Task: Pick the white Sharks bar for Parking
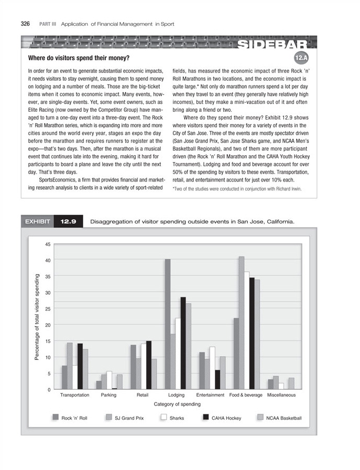click(x=108, y=380)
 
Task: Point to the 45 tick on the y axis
click(x=48, y=244)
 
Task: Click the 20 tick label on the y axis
click(x=48, y=325)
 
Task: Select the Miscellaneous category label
click(x=281, y=394)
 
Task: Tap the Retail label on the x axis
click(x=142, y=394)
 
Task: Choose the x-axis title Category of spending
click(x=177, y=404)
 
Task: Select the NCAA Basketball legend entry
click(x=283, y=418)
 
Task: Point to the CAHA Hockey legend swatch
click(x=206, y=418)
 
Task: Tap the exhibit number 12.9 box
click(x=69, y=222)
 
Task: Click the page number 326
click(x=26, y=24)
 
